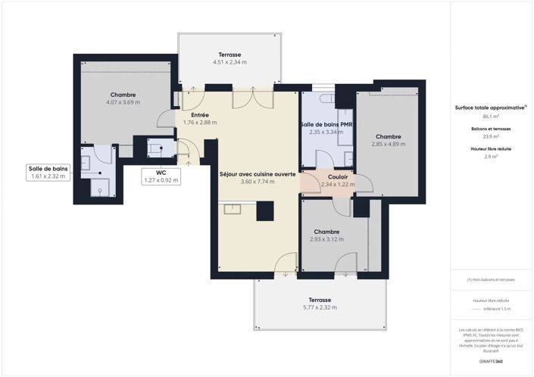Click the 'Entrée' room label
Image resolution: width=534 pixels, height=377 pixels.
200,115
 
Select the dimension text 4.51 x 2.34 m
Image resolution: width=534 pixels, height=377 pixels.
230,62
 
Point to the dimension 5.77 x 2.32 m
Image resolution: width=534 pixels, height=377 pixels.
320,307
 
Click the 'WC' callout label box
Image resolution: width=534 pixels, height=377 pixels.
161,176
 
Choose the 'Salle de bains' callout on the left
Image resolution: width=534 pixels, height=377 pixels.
48,172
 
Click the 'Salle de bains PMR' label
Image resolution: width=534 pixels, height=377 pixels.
326,124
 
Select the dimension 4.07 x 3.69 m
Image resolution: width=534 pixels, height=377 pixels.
123,102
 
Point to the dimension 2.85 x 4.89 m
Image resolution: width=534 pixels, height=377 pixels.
388,144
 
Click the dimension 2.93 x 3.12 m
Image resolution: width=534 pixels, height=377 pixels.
326,239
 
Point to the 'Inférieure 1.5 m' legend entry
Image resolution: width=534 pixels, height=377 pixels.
497,309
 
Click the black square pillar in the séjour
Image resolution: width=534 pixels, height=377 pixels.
264,211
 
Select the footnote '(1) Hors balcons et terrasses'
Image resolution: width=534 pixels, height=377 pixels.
490,280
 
